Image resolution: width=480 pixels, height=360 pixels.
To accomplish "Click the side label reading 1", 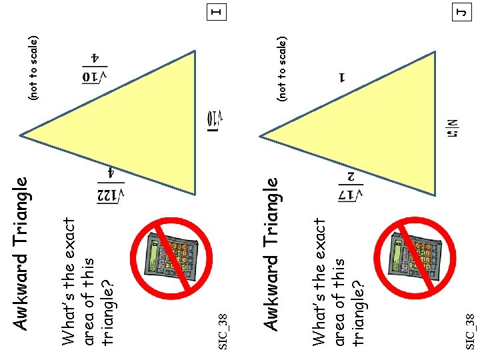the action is tap(342, 77).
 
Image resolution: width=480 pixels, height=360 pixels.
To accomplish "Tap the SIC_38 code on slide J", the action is tap(471, 330).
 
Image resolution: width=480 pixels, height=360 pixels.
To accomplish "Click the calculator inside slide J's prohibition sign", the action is tap(414, 257).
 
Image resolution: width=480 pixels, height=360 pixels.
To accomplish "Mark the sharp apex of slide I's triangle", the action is tap(21, 135).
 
